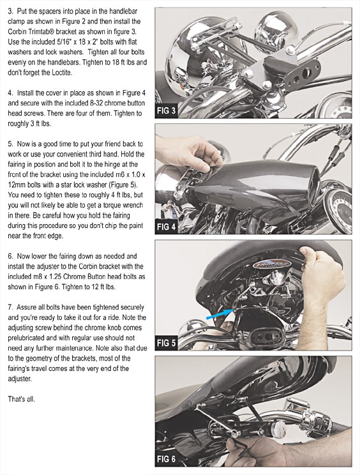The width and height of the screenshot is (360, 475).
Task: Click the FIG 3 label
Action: [x=166, y=110]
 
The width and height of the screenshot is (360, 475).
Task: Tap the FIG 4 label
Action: [x=166, y=227]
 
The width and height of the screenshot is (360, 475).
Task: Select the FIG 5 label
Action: [x=166, y=343]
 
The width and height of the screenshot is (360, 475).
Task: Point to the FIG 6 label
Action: [x=166, y=459]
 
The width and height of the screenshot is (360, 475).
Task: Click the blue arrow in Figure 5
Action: [x=220, y=314]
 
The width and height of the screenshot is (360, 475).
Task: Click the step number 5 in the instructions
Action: [x=10, y=144]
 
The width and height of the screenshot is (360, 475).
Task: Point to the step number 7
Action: [x=10, y=307]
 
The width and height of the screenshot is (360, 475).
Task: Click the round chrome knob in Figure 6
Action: [x=278, y=431]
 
